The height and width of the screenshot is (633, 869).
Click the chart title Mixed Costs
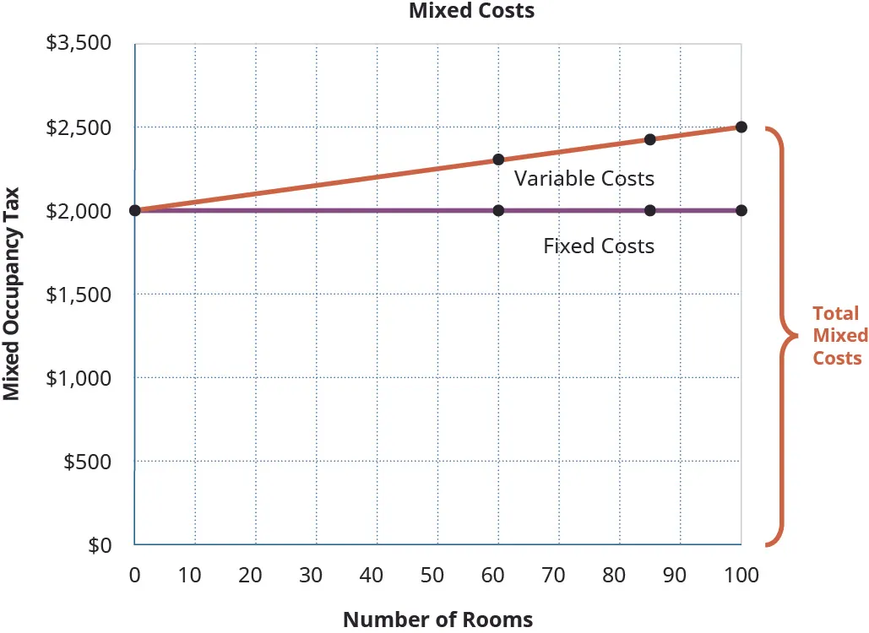pyautogui.click(x=471, y=11)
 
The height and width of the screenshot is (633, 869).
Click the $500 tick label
pyautogui.click(x=87, y=463)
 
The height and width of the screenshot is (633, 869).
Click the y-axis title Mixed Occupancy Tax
pyautogui.click(x=12, y=295)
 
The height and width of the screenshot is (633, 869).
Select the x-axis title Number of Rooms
pyautogui.click(x=437, y=619)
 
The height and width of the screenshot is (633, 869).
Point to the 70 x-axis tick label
pyautogui.click(x=553, y=576)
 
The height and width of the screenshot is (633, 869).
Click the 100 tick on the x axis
pyautogui.click(x=741, y=576)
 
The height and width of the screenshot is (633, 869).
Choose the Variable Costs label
pyautogui.click(x=584, y=179)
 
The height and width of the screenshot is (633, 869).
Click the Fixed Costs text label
pyautogui.click(x=599, y=246)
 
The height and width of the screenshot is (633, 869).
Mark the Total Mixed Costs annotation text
pyautogui.click(x=839, y=335)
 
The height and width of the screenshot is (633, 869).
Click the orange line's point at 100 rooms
pyautogui.click(x=741, y=127)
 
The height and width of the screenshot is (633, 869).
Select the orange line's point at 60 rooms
pyautogui.click(x=498, y=160)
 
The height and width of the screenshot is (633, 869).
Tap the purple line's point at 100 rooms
pyautogui.click(x=741, y=210)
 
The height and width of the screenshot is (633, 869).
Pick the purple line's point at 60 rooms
pyautogui.click(x=498, y=210)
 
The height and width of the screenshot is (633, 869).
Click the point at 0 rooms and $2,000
pyautogui.click(x=135, y=210)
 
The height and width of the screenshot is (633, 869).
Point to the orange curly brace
pyautogui.click(x=782, y=336)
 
